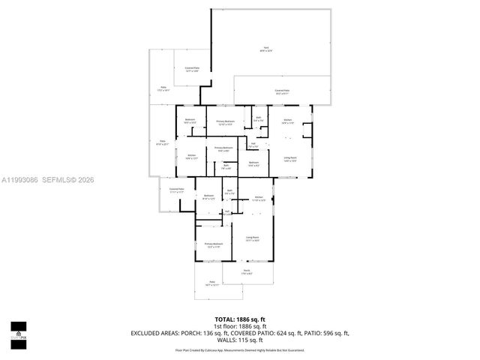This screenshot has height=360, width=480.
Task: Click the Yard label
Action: pos(265,49)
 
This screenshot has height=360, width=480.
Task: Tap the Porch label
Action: pos(247,272)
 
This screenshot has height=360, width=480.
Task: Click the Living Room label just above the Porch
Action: pos(253,238)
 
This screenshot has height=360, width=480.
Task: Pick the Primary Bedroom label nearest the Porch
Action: pos(214,244)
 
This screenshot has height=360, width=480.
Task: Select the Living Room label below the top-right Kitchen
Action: pos(289,158)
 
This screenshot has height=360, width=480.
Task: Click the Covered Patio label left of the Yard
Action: pos(192,69)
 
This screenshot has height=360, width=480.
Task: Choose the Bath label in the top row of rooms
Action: pos(258,118)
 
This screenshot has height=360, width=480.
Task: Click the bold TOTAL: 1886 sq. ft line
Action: pos(240,319)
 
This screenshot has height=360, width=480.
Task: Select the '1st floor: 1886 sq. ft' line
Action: pos(240,326)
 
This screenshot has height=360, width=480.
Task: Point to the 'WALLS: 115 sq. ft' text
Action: pos(240,341)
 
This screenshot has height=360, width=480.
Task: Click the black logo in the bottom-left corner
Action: pos(18,330)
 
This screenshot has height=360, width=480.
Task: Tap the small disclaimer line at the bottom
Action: pos(240,349)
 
